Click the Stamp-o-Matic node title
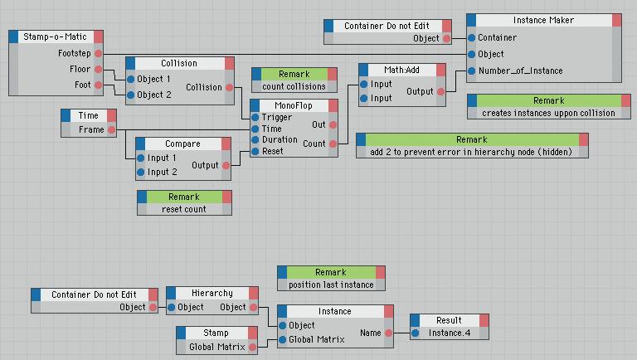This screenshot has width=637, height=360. (x=55, y=36)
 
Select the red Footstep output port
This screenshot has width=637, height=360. (x=99, y=53)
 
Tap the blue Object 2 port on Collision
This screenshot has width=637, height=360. (x=131, y=95)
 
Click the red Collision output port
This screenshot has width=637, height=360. (x=229, y=87)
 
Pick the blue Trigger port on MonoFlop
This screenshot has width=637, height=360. (x=255, y=118)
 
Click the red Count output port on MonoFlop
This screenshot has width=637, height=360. (x=333, y=144)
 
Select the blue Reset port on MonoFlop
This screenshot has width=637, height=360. (x=255, y=152)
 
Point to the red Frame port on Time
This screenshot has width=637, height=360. (x=111, y=130)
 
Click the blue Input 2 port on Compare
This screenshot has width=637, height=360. (x=140, y=173)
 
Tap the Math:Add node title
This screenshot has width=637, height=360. (x=401, y=70)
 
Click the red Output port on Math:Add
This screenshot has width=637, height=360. (x=440, y=92)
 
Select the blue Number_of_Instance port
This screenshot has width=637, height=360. (x=471, y=71)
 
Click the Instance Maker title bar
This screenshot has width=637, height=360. (x=543, y=20)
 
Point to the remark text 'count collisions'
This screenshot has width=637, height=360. (x=294, y=86)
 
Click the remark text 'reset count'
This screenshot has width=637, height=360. (x=183, y=209)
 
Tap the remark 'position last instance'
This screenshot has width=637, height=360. (x=331, y=285)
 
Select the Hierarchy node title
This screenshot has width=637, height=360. (x=212, y=293)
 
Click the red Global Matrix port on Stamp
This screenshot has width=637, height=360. (x=252, y=347)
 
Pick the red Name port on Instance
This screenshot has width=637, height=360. (x=388, y=333)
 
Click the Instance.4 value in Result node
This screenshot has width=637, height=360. (x=450, y=333)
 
